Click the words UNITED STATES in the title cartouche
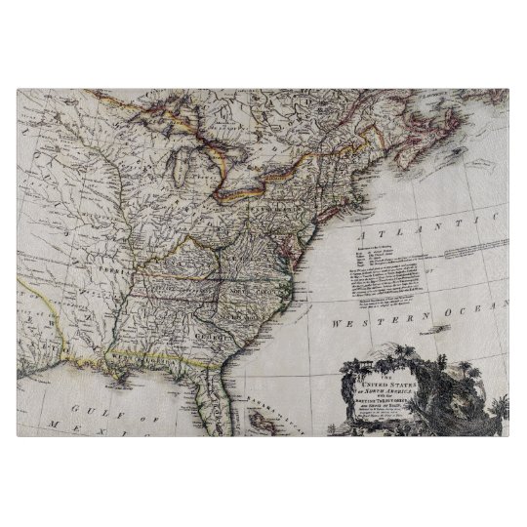(x=370, y=386)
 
